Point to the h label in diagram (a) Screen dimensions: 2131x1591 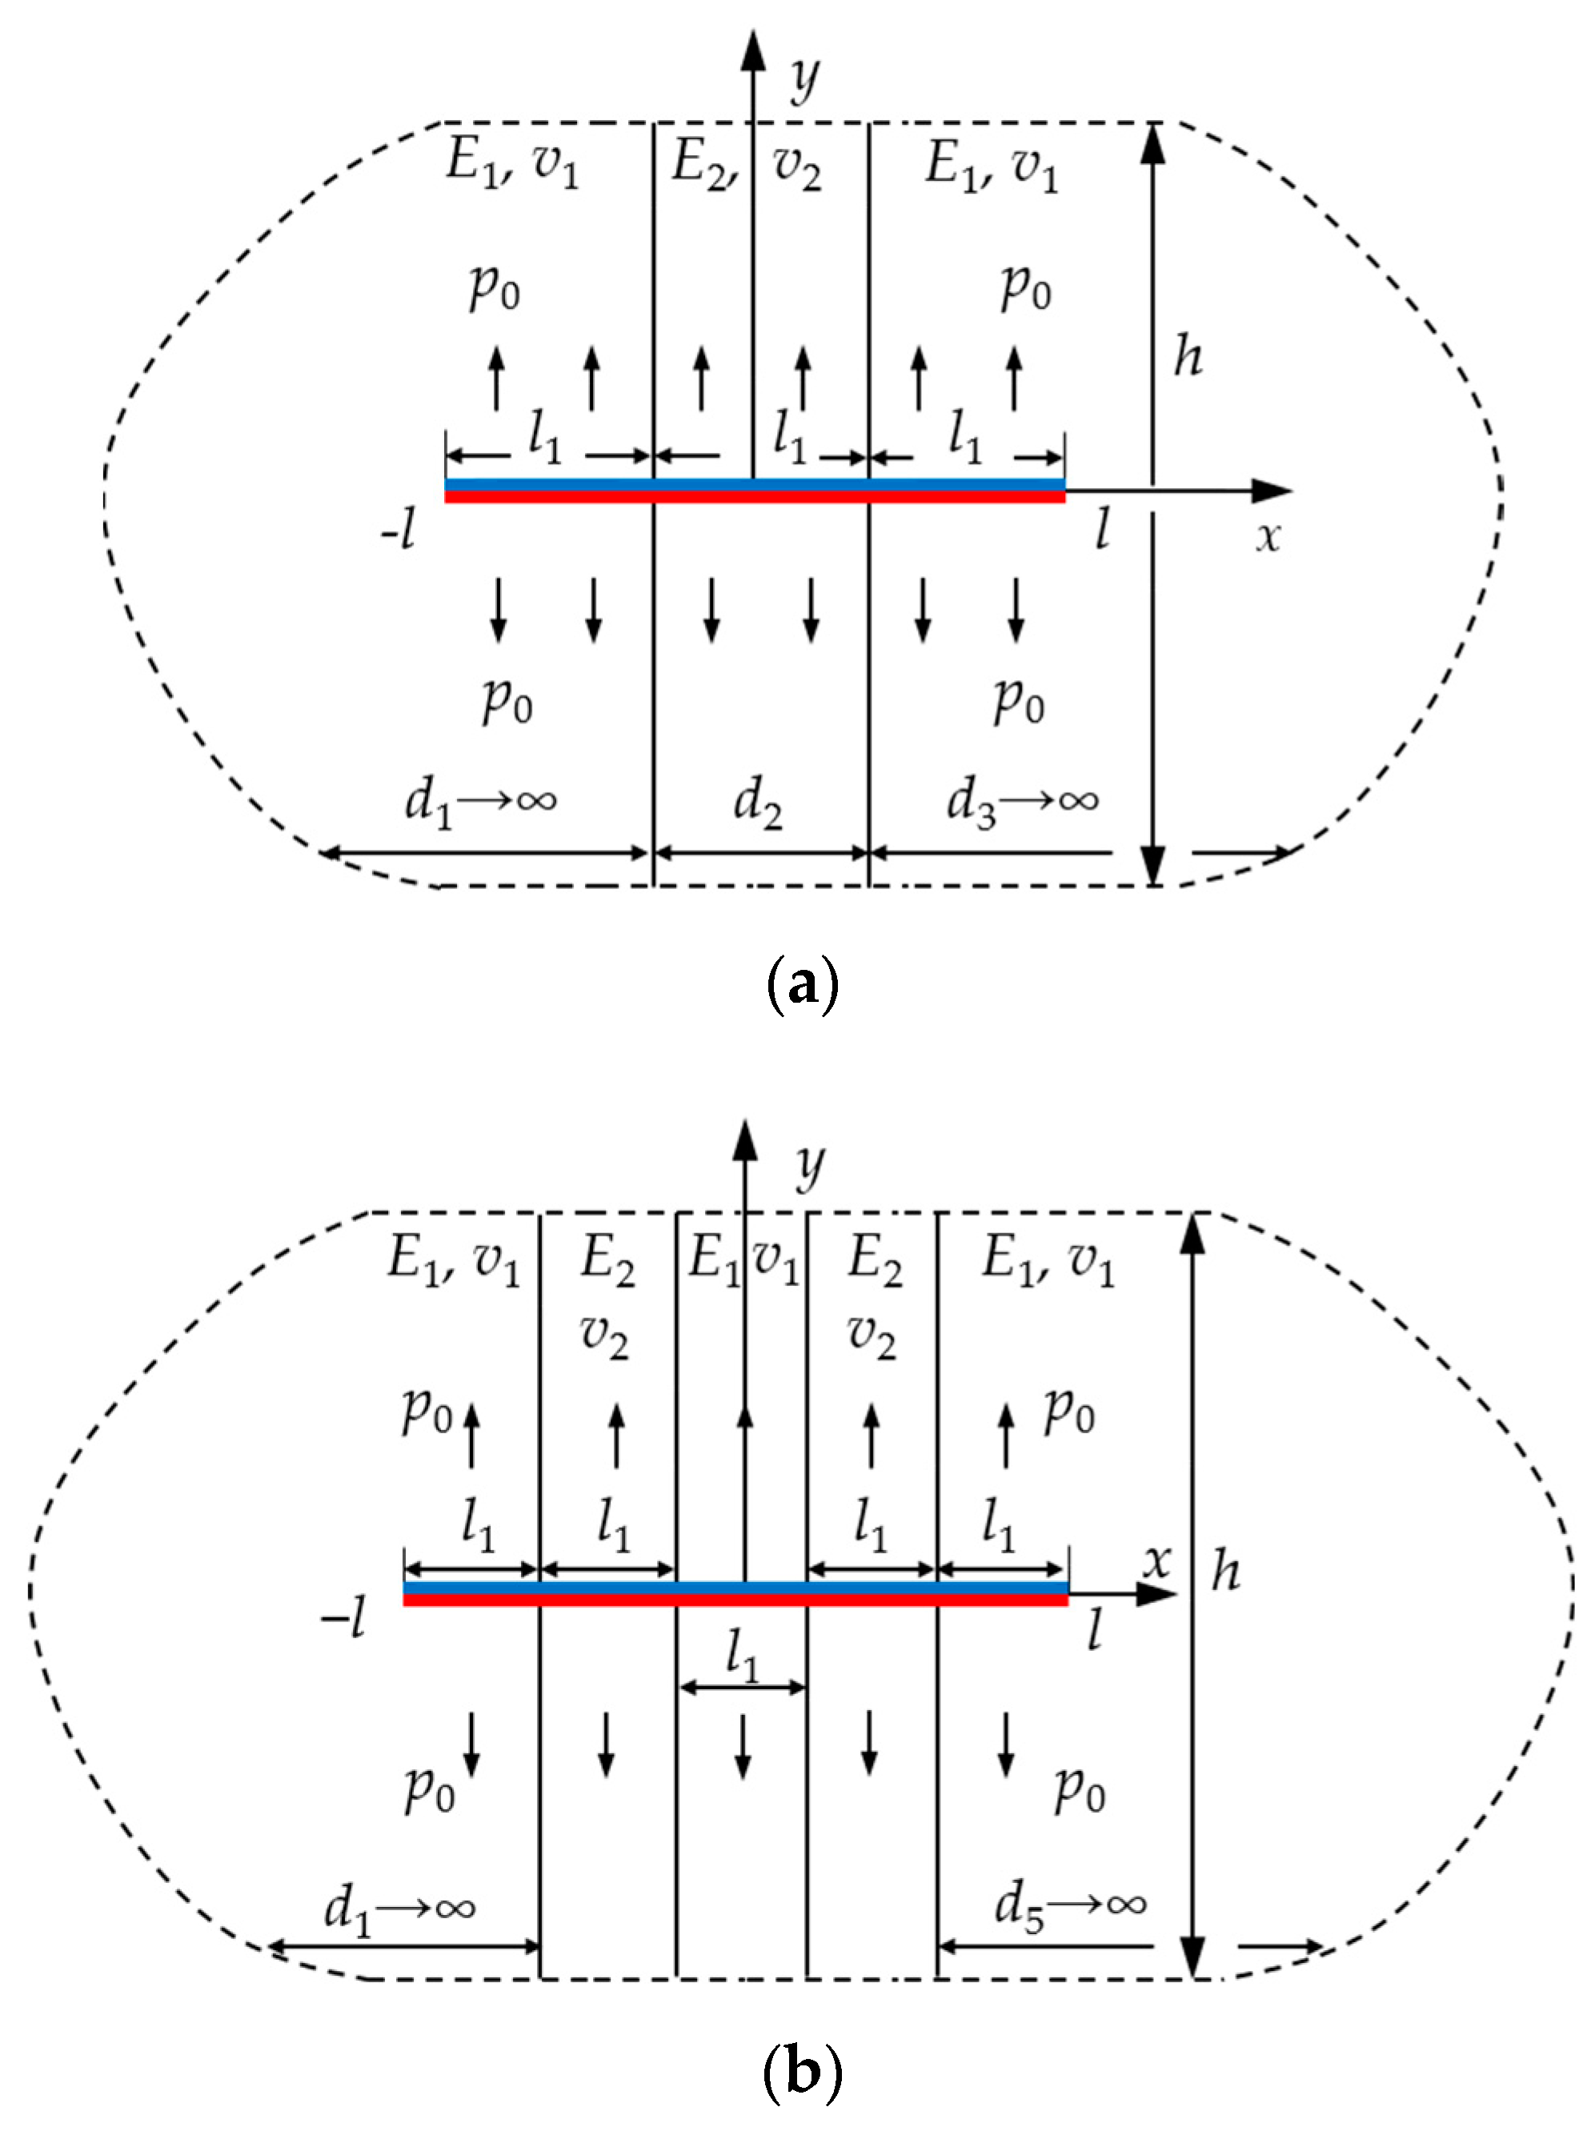(x=1188, y=357)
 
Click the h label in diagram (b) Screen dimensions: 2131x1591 (x=1225, y=1571)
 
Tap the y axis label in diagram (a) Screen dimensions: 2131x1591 (x=804, y=79)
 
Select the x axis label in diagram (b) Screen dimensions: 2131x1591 (x=1157, y=1560)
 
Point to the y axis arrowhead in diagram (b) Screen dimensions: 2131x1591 (x=744, y=1141)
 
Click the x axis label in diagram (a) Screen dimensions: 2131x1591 (x=1268, y=536)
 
